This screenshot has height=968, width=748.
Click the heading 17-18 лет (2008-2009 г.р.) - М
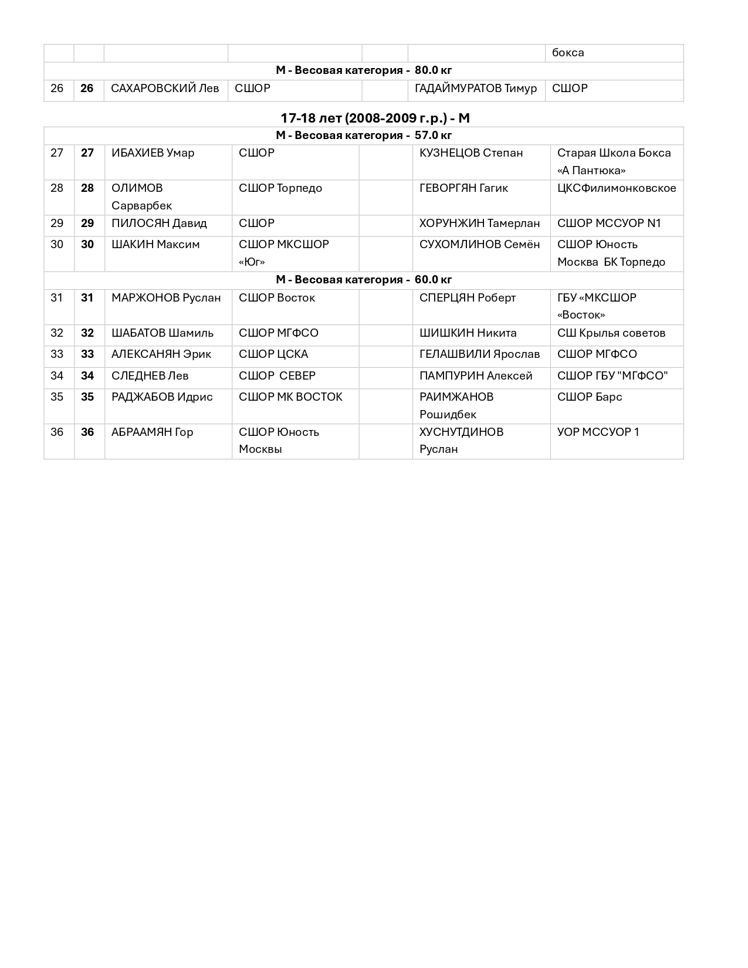click(375, 118)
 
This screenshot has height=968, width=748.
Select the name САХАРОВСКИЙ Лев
click(164, 89)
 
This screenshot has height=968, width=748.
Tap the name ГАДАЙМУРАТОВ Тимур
click(475, 89)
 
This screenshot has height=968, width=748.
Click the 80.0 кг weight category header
click(364, 70)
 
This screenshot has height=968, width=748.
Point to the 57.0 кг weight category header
click(364, 136)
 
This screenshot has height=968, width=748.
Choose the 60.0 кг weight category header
click(364, 280)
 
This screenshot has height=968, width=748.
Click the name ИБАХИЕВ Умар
click(153, 153)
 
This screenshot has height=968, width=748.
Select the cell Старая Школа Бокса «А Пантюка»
click(614, 161)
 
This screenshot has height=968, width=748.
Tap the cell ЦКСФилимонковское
click(616, 188)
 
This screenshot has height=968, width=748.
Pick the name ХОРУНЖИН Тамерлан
click(479, 224)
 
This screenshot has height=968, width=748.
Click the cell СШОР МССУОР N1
click(609, 224)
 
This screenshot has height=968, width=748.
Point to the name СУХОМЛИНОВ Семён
click(479, 245)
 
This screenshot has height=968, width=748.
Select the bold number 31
click(87, 298)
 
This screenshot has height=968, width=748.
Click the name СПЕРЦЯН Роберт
click(468, 298)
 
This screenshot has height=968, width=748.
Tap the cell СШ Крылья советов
click(611, 333)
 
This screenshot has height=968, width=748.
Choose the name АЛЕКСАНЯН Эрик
click(161, 354)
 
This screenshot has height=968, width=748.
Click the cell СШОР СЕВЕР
click(277, 376)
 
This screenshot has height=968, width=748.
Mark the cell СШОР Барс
click(590, 397)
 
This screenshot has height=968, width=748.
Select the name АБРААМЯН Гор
click(152, 432)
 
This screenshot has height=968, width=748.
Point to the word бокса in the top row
click(568, 53)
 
